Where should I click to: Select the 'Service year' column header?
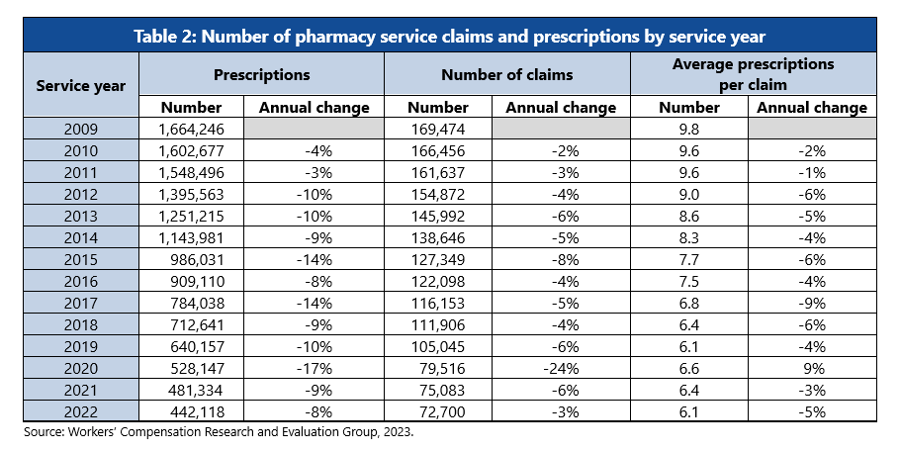(81, 85)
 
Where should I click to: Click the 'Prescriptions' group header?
(261, 74)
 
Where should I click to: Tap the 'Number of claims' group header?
(506, 74)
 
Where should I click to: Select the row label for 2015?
(81, 260)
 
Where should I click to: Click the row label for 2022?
(81, 412)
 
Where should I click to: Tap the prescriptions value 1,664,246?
(199, 130)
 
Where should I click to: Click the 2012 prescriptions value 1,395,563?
(199, 195)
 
